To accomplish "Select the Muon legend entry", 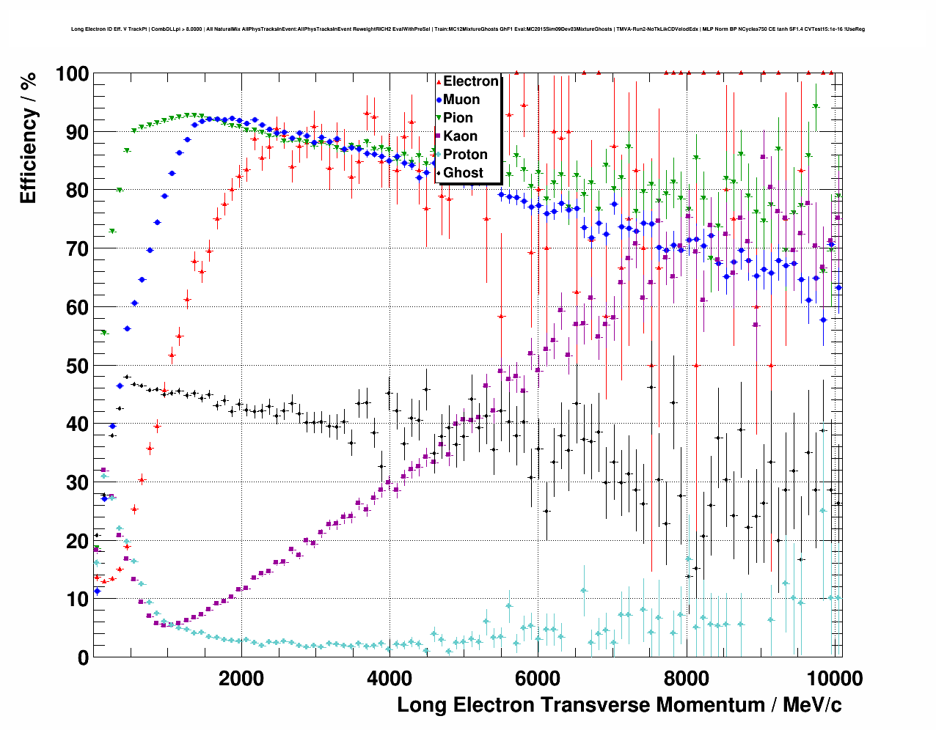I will click(x=461, y=100).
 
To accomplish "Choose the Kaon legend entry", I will click(x=460, y=136).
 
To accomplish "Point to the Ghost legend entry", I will click(x=463, y=173).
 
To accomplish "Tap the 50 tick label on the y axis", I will click(x=77, y=366).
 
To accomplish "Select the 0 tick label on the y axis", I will click(x=83, y=657).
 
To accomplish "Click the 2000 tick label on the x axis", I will click(x=241, y=678).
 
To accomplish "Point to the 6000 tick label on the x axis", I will click(x=538, y=678).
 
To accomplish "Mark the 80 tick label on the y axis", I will click(x=77, y=191).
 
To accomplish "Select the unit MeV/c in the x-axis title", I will click(x=812, y=705).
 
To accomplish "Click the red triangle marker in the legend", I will click(x=439, y=81).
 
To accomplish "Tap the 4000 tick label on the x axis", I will click(x=390, y=678).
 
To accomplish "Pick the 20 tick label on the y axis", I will click(x=77, y=541).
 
